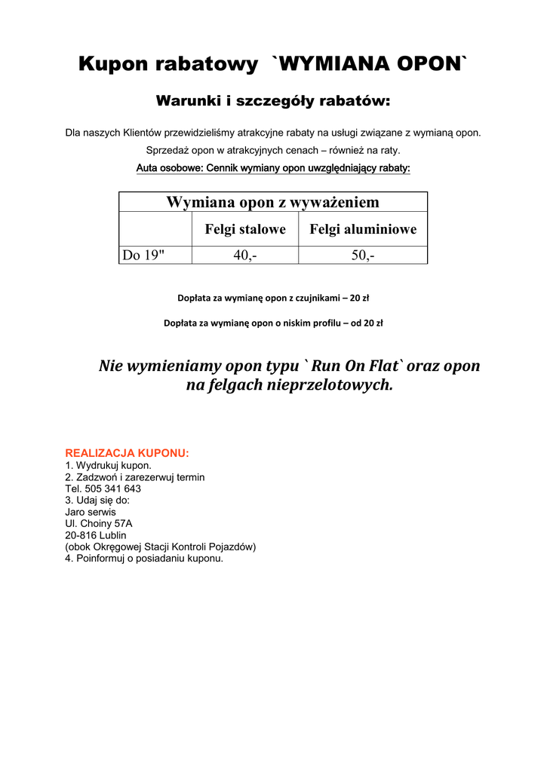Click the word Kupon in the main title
(112, 65)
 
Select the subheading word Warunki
(189, 101)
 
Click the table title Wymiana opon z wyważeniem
(272, 202)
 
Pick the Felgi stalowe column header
(245, 229)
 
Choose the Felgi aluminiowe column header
(363, 229)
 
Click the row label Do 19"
(143, 256)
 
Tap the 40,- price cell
(245, 256)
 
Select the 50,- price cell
(363, 256)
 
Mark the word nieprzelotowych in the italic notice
(330, 384)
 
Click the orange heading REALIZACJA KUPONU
(127, 453)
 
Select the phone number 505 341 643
(112, 489)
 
